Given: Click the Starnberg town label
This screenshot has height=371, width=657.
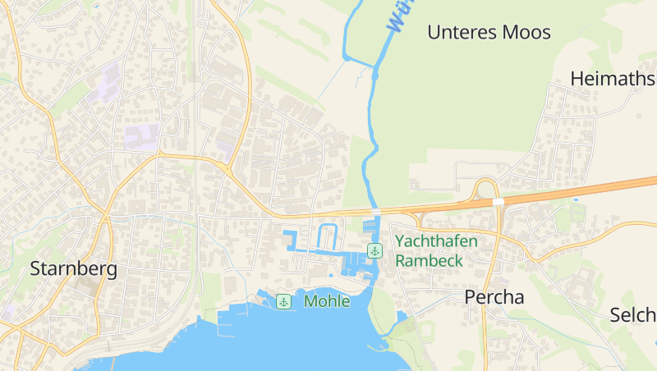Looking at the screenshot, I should pos(74,268).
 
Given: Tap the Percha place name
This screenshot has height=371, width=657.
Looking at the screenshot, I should pos(494,297).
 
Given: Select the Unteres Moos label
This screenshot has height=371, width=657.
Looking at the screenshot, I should pos(489,33).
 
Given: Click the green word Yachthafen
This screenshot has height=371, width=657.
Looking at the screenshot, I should pos(436,241).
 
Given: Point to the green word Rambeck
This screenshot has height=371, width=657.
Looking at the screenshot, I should pos(429,260).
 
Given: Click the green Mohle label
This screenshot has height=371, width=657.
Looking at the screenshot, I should pos(327,301).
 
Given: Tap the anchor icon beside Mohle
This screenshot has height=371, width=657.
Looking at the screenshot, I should pos(283,301).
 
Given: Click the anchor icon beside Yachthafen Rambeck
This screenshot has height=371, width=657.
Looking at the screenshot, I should pos(374,250).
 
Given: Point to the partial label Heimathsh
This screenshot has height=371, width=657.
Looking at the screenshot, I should pos(613,79).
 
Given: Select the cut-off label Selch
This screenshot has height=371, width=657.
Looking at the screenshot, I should pos(632,315).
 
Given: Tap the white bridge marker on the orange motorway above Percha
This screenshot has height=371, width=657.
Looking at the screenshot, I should pos(498,201).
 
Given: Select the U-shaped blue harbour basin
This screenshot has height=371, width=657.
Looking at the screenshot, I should pos(327,236).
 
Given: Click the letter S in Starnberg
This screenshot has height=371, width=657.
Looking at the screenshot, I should pos(35,268).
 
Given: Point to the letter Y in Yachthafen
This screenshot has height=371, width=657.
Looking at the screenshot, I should pos(400,241).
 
